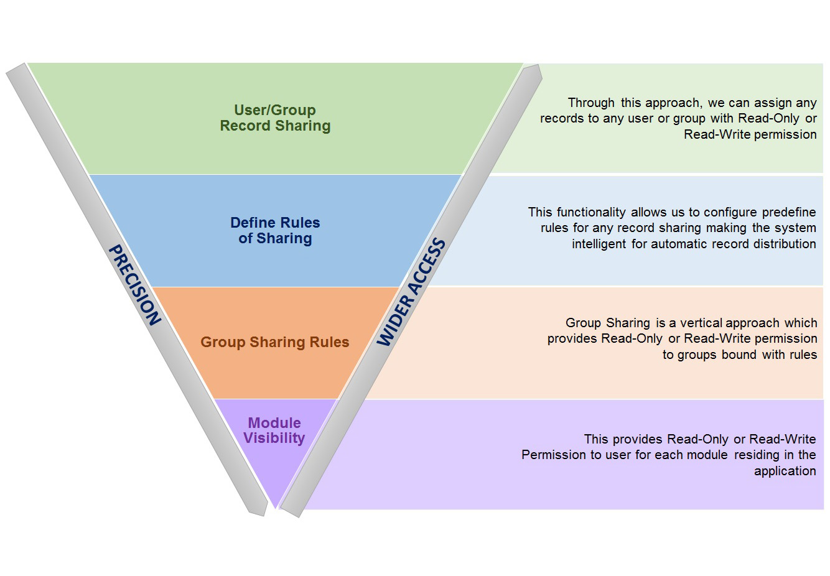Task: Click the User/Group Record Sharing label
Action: [x=275, y=118]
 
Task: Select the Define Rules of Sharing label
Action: [x=275, y=230]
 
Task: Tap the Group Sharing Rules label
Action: [x=274, y=342]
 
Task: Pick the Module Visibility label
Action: [x=274, y=430]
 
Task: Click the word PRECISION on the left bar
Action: [x=135, y=285]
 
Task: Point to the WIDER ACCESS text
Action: [x=411, y=292]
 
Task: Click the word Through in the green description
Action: [x=591, y=103]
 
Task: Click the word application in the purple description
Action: [x=785, y=471]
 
